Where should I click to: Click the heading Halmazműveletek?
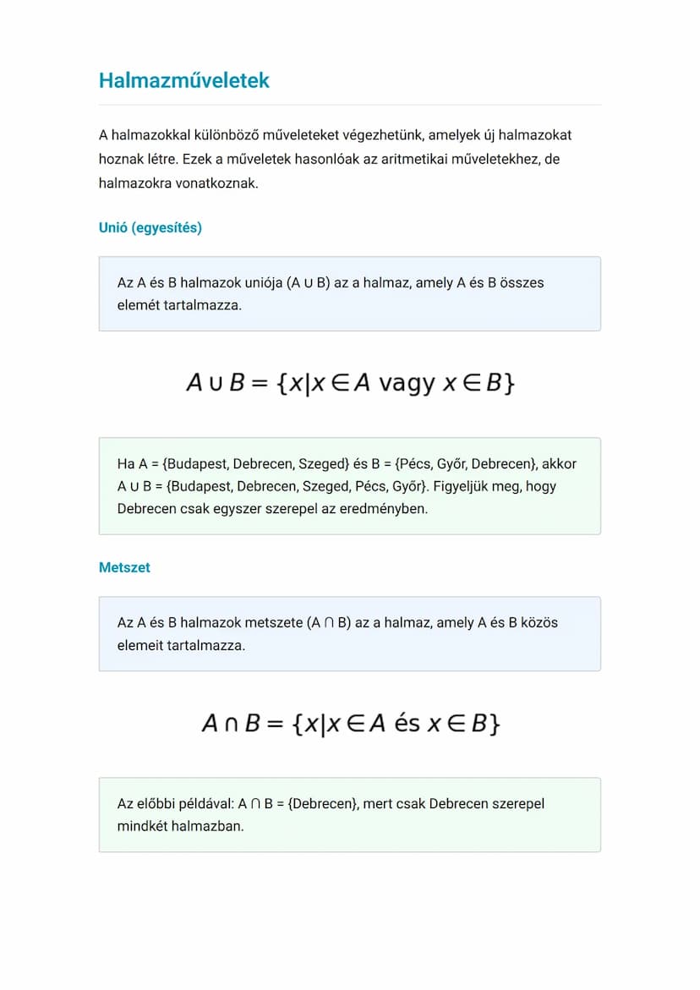183,80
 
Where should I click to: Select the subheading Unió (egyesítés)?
150,227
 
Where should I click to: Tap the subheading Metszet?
124,567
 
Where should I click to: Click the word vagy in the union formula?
407,383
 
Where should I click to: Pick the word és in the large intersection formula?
407,724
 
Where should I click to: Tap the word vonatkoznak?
217,183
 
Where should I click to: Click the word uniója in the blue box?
260,282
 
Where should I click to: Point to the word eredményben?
386,509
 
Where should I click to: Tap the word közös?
538,622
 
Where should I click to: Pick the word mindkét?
143,826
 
